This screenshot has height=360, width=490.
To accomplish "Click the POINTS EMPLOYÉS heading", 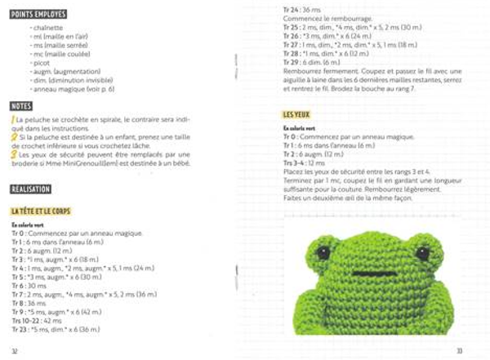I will click(38, 15).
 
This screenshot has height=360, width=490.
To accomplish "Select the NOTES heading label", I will click(21, 106).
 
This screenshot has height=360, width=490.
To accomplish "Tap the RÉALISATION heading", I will click(31, 189).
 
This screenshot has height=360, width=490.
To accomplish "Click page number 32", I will click(15, 350).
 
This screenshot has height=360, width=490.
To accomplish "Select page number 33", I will click(460, 350).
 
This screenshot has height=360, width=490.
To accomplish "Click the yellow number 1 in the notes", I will click(12, 120).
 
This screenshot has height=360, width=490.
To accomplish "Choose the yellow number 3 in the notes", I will click(13, 153).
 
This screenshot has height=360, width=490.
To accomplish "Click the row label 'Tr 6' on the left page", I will click(19, 286).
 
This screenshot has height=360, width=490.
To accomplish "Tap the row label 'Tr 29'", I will click(290, 62).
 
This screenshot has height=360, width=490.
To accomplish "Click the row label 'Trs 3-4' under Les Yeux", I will click(293, 163).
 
